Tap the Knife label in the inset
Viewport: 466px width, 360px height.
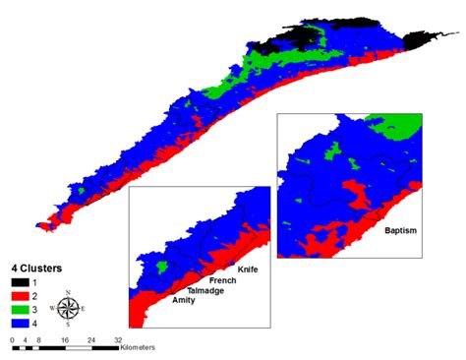pos(249,269)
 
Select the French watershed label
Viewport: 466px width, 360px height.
pos(222,280)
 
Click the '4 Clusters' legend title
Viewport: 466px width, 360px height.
pos(33,267)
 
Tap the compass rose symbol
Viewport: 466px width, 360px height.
pos(68,307)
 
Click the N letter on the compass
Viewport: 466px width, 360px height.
pos(68,292)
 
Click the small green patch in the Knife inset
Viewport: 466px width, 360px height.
pos(163,265)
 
